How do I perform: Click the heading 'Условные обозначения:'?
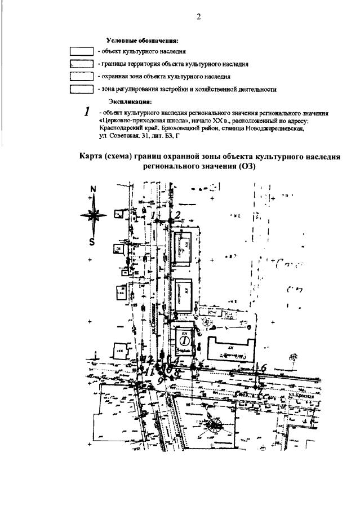click(142, 41)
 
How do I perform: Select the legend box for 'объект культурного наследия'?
click(81, 51)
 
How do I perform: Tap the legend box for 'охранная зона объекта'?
click(81, 76)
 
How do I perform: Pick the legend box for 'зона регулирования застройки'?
click(81, 89)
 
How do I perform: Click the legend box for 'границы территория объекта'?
click(81, 64)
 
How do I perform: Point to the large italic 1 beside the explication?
click(87, 112)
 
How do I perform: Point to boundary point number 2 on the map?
click(177, 214)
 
